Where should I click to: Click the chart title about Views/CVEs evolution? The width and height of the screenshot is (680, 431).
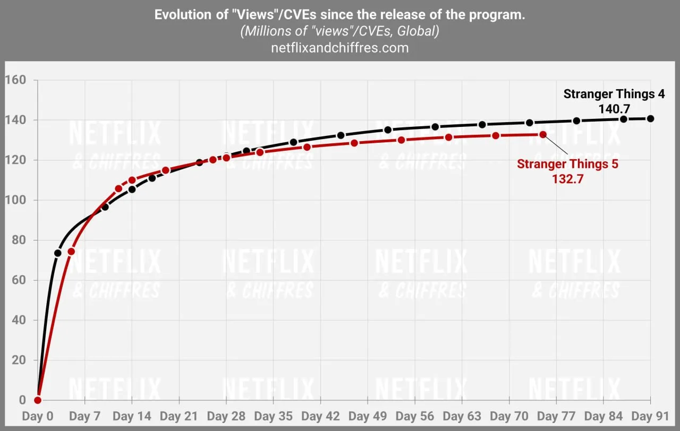[x=340, y=15]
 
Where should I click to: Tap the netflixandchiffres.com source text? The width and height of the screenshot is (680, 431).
[x=340, y=48]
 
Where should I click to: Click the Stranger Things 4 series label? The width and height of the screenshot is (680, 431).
[x=614, y=94]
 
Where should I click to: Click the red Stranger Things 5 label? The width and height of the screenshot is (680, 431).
[x=567, y=164]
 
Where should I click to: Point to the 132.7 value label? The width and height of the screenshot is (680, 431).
[x=567, y=179]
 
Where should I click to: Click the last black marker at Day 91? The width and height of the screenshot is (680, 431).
[x=650, y=118]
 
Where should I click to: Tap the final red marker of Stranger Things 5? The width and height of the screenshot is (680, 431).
[x=542, y=134]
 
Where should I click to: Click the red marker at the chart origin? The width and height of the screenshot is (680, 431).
[x=38, y=400]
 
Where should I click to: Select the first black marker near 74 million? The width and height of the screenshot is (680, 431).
[x=57, y=253]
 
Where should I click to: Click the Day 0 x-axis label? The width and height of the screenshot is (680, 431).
[x=38, y=416]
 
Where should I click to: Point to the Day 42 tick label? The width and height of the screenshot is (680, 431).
[x=321, y=416]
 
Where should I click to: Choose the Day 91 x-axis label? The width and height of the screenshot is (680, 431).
[x=650, y=416]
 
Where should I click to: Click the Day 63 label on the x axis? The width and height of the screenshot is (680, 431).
[x=462, y=416]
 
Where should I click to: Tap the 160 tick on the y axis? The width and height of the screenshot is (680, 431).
[x=15, y=80]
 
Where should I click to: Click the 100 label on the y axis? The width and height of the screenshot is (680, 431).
[x=15, y=200]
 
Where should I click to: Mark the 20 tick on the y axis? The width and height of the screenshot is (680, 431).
[x=18, y=360]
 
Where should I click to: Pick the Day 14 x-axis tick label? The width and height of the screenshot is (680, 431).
[x=132, y=416]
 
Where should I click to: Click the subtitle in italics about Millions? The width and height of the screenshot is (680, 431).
[x=340, y=31]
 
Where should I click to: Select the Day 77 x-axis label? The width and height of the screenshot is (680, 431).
[x=556, y=416]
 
